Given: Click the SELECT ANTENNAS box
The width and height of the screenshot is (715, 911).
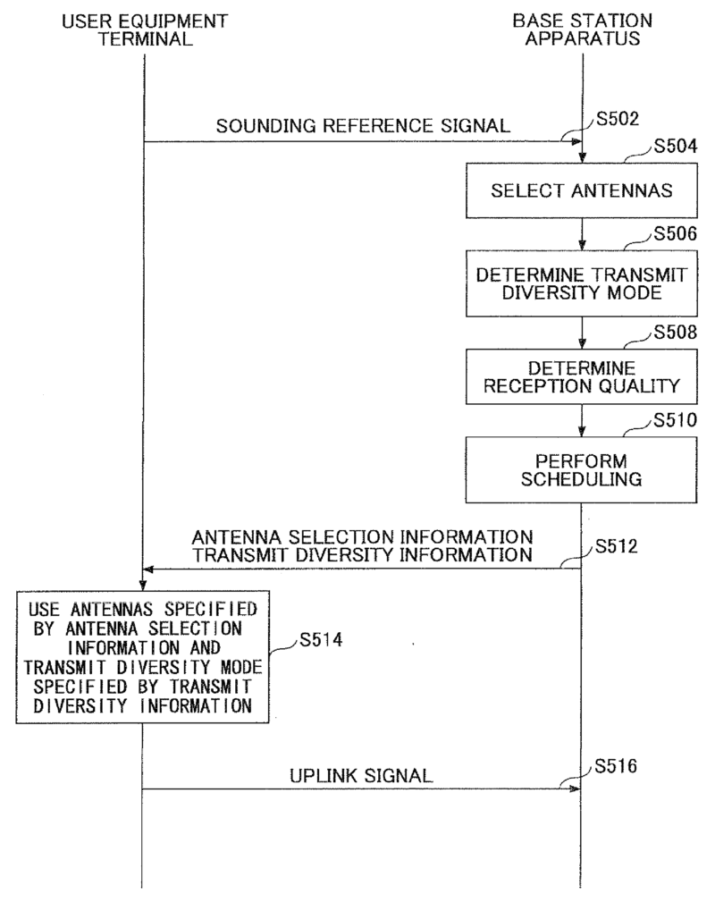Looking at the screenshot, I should [x=582, y=190].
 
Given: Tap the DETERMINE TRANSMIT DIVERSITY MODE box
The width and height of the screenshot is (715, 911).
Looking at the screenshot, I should [x=582, y=283].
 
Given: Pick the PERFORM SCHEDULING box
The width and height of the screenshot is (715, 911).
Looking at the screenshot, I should [x=582, y=469].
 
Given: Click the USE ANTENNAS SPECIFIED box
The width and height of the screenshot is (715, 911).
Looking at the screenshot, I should [x=143, y=657].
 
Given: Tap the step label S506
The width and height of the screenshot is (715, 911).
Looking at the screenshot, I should [x=677, y=235].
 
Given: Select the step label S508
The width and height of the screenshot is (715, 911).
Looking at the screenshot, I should [x=677, y=333].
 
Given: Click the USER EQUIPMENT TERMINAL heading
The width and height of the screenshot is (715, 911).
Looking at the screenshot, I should [x=144, y=28].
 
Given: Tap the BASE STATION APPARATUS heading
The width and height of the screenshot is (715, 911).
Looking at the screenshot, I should [x=582, y=28].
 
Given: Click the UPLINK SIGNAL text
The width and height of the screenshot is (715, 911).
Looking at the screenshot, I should [x=361, y=776].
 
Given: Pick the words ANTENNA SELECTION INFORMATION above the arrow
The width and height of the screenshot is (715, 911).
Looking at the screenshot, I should [x=362, y=537].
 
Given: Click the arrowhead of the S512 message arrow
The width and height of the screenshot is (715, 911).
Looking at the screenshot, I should [x=149, y=569].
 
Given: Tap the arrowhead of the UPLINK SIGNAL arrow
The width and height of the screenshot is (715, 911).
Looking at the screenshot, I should [x=576, y=789].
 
